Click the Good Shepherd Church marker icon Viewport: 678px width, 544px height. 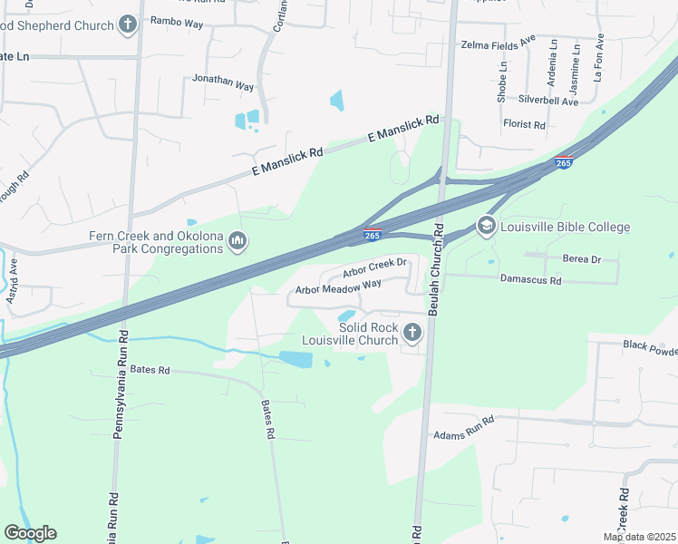click(x=128, y=24)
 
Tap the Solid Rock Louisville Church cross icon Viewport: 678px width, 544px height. click(x=412, y=333)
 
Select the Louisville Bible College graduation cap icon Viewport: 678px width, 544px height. click(x=487, y=226)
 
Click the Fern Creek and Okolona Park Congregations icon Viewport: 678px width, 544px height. click(x=237, y=241)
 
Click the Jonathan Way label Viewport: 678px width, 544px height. click(x=223, y=80)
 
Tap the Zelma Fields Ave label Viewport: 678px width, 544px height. click(x=499, y=44)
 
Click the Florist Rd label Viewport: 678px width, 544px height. click(x=524, y=124)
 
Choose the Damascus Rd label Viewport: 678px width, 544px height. click(x=531, y=281)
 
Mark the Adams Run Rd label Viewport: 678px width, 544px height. click(x=464, y=428)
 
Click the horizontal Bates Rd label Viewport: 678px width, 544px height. click(x=150, y=370)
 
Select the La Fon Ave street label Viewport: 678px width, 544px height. click(x=598, y=59)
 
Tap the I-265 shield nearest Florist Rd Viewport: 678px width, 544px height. click(x=563, y=163)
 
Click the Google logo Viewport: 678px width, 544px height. click(x=30, y=533)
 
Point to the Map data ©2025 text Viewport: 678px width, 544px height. click(x=638, y=537)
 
